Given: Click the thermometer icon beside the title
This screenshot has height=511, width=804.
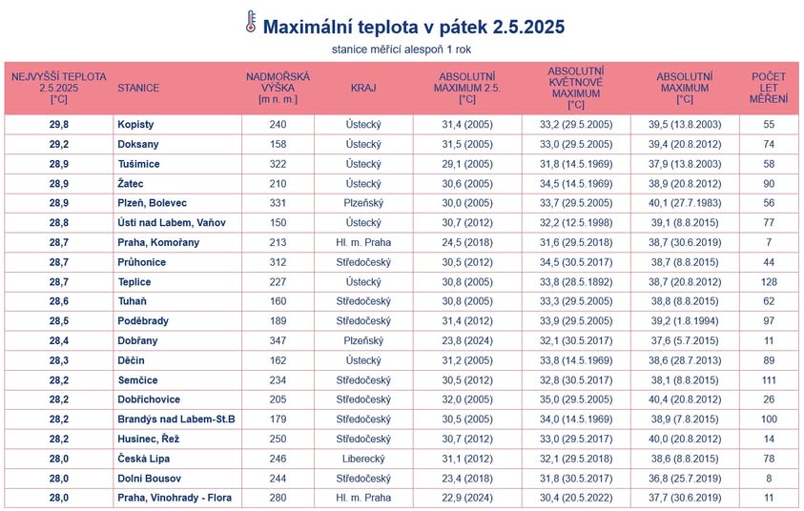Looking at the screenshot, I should coord(250,23).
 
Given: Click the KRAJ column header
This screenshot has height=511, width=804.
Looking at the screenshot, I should coord(363,88).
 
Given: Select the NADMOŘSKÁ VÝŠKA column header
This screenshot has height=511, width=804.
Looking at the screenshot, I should coord(278,88).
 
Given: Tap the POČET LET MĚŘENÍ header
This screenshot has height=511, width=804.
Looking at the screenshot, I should coord(769,88).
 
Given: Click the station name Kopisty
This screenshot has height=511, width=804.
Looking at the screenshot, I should coord(135,125).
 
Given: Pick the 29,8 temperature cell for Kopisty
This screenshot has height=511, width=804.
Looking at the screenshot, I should coord(59,125).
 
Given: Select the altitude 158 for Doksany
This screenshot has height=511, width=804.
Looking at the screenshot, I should coord(278,144).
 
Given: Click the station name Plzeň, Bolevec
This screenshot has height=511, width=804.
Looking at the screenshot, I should coord(152,203).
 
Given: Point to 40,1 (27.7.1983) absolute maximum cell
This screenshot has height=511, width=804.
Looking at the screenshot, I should coord(685,203).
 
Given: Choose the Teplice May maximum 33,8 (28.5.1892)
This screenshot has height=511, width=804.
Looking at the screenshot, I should coord(575,281).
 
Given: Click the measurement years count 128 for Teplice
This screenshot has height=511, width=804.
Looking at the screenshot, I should coord(769,281).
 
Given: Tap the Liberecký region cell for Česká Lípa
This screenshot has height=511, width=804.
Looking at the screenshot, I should coord(363,459).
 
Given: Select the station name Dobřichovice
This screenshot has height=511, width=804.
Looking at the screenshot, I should coord(148,399).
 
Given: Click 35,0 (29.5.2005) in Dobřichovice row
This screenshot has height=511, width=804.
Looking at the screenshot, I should coord(575,399).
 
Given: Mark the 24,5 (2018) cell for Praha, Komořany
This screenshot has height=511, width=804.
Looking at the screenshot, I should coord(466,242).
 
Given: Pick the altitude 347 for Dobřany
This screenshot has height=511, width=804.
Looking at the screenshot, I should coord(278,340).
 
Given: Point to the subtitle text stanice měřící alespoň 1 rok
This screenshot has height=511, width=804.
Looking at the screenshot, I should coord(402,49).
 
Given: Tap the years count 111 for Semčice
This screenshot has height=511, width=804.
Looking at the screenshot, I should coord(769,379).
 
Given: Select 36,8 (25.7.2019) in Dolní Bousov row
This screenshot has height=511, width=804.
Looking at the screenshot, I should coord(685,478).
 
